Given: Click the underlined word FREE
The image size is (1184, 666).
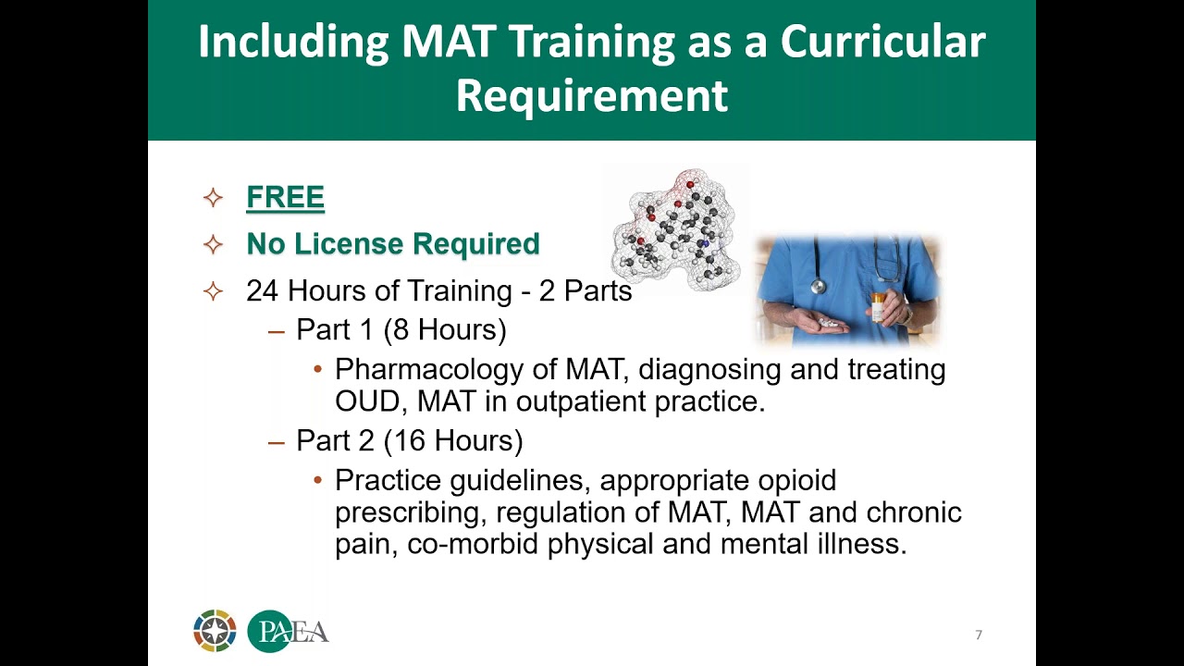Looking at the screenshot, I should point(285,197).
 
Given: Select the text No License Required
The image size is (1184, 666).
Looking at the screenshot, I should point(392,244).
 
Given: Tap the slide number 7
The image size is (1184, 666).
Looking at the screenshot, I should point(979,635).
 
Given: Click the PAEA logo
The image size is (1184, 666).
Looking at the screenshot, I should point(288,632).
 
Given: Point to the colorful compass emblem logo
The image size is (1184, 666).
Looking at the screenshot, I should point(215,631).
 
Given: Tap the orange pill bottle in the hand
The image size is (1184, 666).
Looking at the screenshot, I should point(878,306).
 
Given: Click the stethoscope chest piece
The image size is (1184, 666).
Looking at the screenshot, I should point(818,286).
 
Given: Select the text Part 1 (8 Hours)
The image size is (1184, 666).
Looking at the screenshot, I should point(401,330).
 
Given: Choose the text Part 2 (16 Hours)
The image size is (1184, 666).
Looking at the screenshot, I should point(409,441).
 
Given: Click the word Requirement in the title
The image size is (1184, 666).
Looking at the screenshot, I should point(591,96).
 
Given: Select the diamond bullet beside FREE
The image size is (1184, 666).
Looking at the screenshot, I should point(213,198).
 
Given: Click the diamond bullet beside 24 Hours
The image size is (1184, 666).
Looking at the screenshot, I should point(213,291).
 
